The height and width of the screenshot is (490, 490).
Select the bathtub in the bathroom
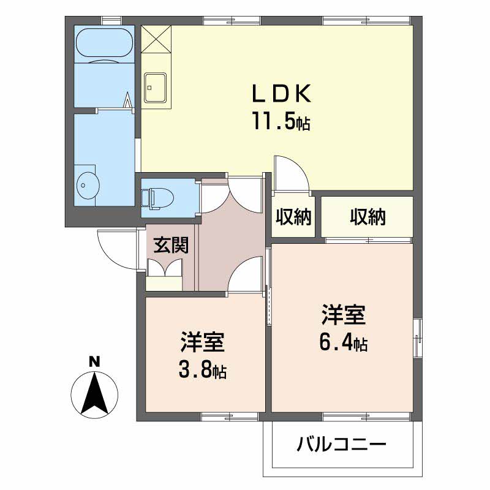tap(104, 45)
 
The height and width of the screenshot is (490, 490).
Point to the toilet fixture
tap(158, 198)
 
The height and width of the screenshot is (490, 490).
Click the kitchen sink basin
tap(155, 87)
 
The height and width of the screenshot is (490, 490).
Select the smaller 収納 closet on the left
tap(293, 216)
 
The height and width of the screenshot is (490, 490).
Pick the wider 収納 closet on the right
tap(367, 216)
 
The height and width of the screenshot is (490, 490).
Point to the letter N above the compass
tap(94, 361)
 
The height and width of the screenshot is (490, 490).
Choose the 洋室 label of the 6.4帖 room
tap(343, 315)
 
